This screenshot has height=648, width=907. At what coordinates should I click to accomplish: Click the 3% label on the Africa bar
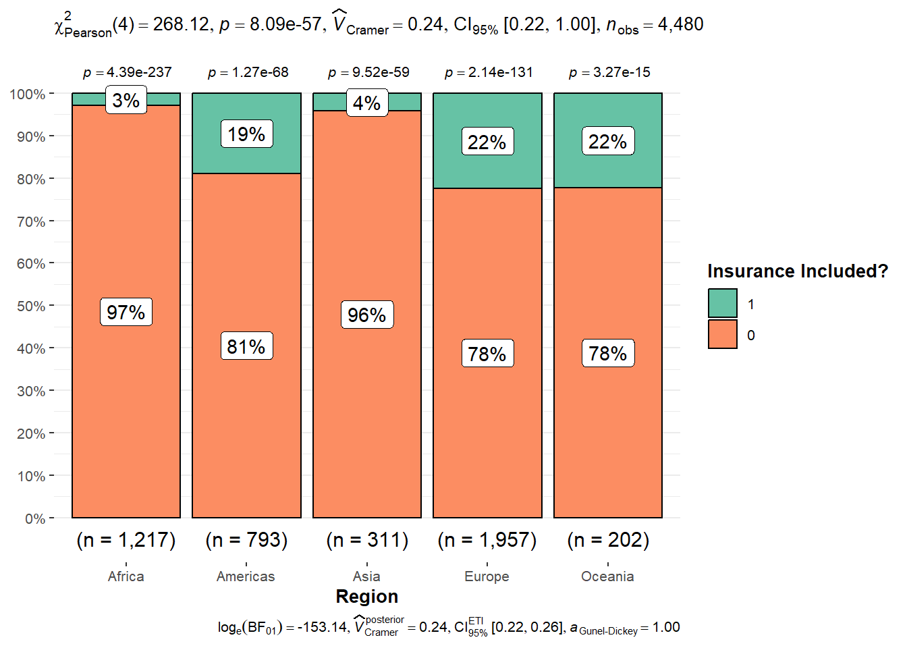pyautogui.click(x=126, y=101)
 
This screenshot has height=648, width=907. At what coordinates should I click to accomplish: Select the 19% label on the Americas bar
pyautogui.click(x=246, y=134)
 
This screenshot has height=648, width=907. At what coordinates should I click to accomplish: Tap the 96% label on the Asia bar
pyautogui.click(x=366, y=315)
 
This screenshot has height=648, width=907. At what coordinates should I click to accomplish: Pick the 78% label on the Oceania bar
pyautogui.click(x=607, y=353)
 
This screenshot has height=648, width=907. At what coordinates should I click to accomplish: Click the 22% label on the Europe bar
pyautogui.click(x=487, y=142)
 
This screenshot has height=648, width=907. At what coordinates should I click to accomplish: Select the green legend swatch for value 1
pyautogui.click(x=722, y=304)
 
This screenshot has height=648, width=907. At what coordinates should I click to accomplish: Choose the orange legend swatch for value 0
pyautogui.click(x=722, y=335)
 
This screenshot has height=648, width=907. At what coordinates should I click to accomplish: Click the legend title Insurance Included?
pyautogui.click(x=797, y=271)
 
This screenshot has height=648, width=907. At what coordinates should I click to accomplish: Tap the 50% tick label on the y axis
pyautogui.click(x=31, y=306)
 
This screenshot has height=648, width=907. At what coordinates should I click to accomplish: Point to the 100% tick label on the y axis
pyautogui.click(x=28, y=94)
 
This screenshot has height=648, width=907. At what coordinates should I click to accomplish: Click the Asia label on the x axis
pyautogui.click(x=366, y=576)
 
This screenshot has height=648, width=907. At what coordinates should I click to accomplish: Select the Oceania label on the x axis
pyautogui.click(x=607, y=576)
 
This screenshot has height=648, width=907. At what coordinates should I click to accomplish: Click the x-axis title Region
pyautogui.click(x=366, y=597)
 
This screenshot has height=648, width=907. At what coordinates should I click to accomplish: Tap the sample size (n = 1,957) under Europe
pyautogui.click(x=487, y=540)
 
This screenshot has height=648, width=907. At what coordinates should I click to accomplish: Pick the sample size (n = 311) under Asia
pyautogui.click(x=366, y=540)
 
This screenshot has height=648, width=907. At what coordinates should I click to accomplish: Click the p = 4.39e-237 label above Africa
pyautogui.click(x=127, y=72)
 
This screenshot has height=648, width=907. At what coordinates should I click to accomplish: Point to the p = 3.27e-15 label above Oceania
pyautogui.click(x=609, y=72)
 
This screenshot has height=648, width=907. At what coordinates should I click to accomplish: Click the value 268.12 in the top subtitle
pyautogui.click(x=181, y=24)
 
